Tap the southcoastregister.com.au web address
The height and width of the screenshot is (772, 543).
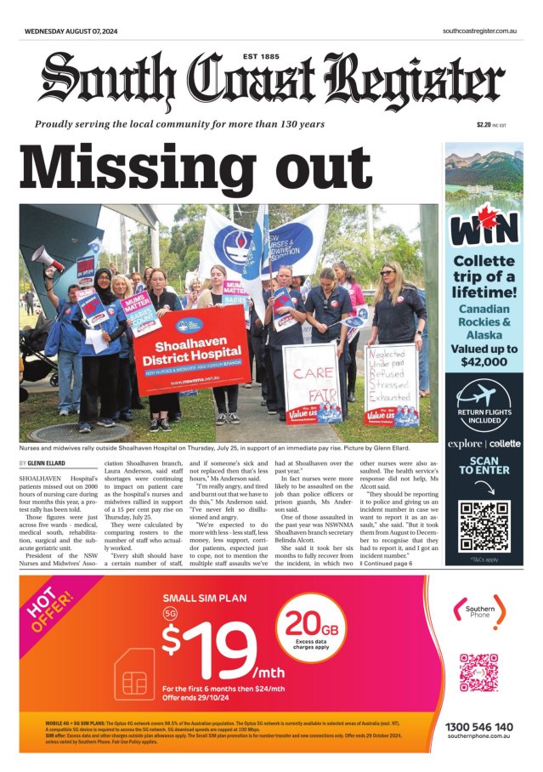click(480, 31)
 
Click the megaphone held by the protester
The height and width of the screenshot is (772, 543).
click(47, 258)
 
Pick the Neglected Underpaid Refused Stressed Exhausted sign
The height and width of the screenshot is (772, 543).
click(391, 383)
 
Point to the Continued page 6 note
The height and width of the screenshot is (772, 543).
click(387, 563)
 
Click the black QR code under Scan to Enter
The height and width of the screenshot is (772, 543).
click(484, 525)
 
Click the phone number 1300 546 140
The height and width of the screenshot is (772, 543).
click(479, 727)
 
